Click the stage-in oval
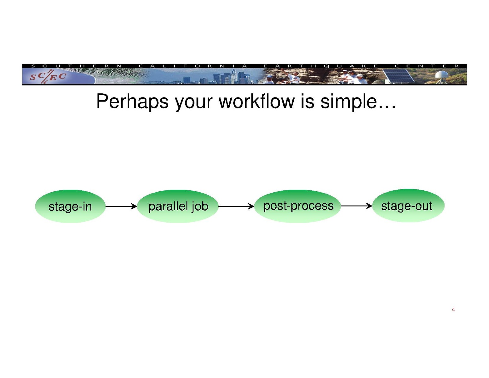[70, 206]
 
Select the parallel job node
[178, 206]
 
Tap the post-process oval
[298, 206]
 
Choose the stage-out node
[408, 206]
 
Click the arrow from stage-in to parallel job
[121, 206]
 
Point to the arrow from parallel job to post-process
[236, 206]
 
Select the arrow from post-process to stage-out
[356, 206]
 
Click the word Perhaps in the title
[132, 102]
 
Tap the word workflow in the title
[256, 102]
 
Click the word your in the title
[193, 102]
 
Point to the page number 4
[453, 310]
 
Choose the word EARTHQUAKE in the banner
[321, 66]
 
